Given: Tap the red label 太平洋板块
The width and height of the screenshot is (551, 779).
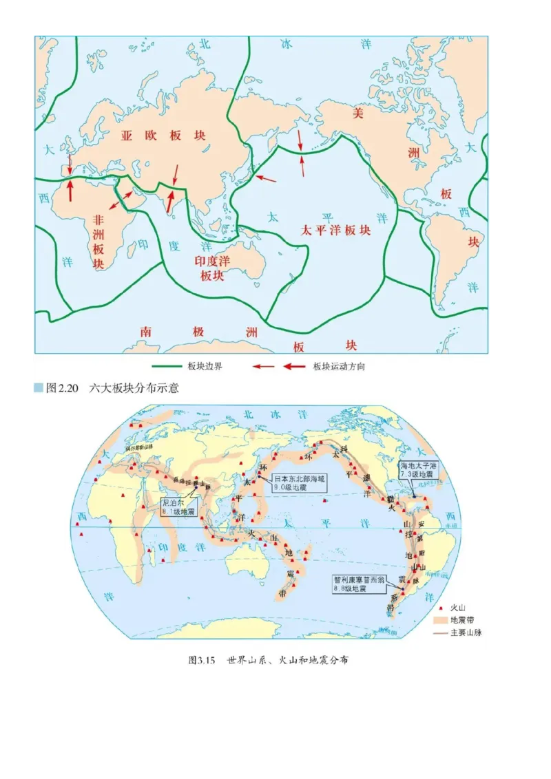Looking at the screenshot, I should (x=336, y=231).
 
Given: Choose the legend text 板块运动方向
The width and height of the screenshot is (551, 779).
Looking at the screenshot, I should (x=339, y=367).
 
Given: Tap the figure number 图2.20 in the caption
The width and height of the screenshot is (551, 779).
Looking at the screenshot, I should (x=62, y=389).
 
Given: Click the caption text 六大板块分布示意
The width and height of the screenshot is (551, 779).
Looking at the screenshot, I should (x=134, y=389).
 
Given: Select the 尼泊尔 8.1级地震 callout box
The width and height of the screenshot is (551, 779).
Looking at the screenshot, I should (x=178, y=507).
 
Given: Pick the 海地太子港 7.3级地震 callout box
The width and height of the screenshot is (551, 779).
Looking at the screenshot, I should (x=419, y=471).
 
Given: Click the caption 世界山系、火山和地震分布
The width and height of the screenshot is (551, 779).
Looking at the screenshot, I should (x=287, y=660).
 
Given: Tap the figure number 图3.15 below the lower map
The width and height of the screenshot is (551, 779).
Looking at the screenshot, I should (x=202, y=660).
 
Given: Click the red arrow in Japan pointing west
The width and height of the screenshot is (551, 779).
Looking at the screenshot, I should (x=266, y=179).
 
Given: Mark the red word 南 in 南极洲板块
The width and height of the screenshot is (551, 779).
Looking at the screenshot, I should (x=146, y=332).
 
